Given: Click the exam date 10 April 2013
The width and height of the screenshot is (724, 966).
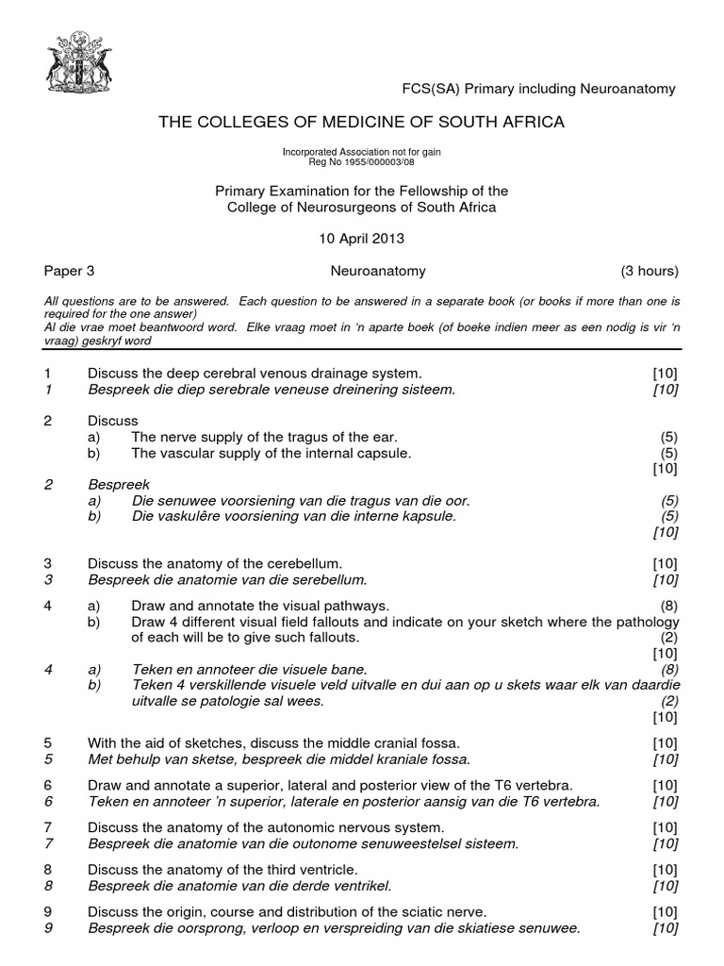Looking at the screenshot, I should pyautogui.click(x=362, y=239).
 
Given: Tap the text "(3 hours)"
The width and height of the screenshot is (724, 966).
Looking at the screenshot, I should pyautogui.click(x=650, y=271).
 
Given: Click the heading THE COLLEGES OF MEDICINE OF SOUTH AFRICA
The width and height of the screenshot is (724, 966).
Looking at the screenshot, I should pyautogui.click(x=362, y=122).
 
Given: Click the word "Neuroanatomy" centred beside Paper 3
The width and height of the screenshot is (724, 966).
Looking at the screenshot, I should pyautogui.click(x=378, y=271).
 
